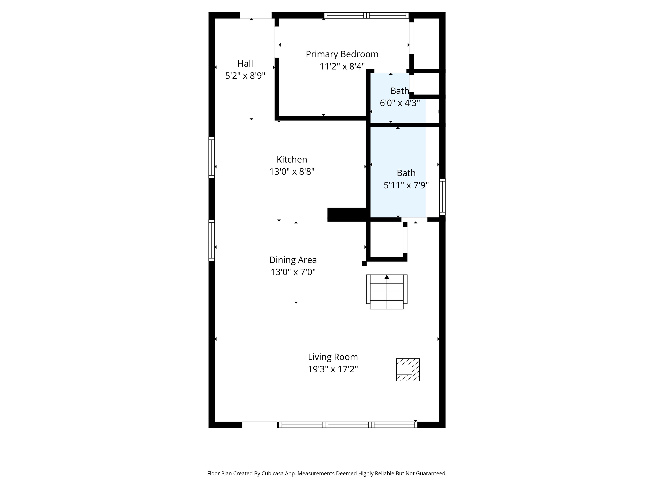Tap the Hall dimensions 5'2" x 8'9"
[245, 76]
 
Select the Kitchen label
[292, 160]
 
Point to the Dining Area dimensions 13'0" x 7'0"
[293, 272]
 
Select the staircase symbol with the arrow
[387, 292]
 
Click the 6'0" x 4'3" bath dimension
[400, 103]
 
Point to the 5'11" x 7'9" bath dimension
[406, 185]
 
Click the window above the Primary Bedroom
[366, 15]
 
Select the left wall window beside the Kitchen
[212, 157]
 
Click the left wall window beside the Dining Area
[212, 240]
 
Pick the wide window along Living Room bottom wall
[348, 425]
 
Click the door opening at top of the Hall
[255, 15]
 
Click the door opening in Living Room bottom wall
[259, 425]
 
